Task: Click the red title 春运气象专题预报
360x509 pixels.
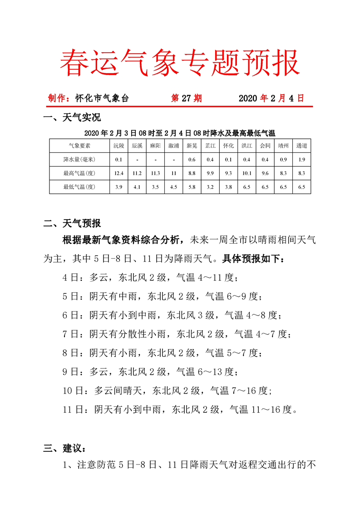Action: [x=180, y=63]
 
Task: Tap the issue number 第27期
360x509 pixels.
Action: [x=186, y=98]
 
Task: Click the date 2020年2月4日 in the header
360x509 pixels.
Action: [x=271, y=98]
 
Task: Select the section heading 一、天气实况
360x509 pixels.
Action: [x=72, y=119]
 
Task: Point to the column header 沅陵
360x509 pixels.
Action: [x=118, y=146]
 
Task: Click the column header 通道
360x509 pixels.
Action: [x=301, y=146]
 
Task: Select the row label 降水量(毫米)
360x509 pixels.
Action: [x=79, y=159]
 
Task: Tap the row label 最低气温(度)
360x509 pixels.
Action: [x=79, y=186]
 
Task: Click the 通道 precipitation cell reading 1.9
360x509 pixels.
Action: [x=301, y=159]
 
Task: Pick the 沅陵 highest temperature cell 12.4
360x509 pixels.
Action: [x=118, y=173]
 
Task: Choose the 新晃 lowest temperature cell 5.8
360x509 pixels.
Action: [x=192, y=186]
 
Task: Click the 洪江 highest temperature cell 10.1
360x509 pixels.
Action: [x=247, y=173]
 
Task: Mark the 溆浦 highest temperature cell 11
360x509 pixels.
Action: [x=173, y=173]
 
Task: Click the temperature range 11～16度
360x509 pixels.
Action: [x=263, y=409]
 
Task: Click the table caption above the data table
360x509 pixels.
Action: [x=180, y=133]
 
